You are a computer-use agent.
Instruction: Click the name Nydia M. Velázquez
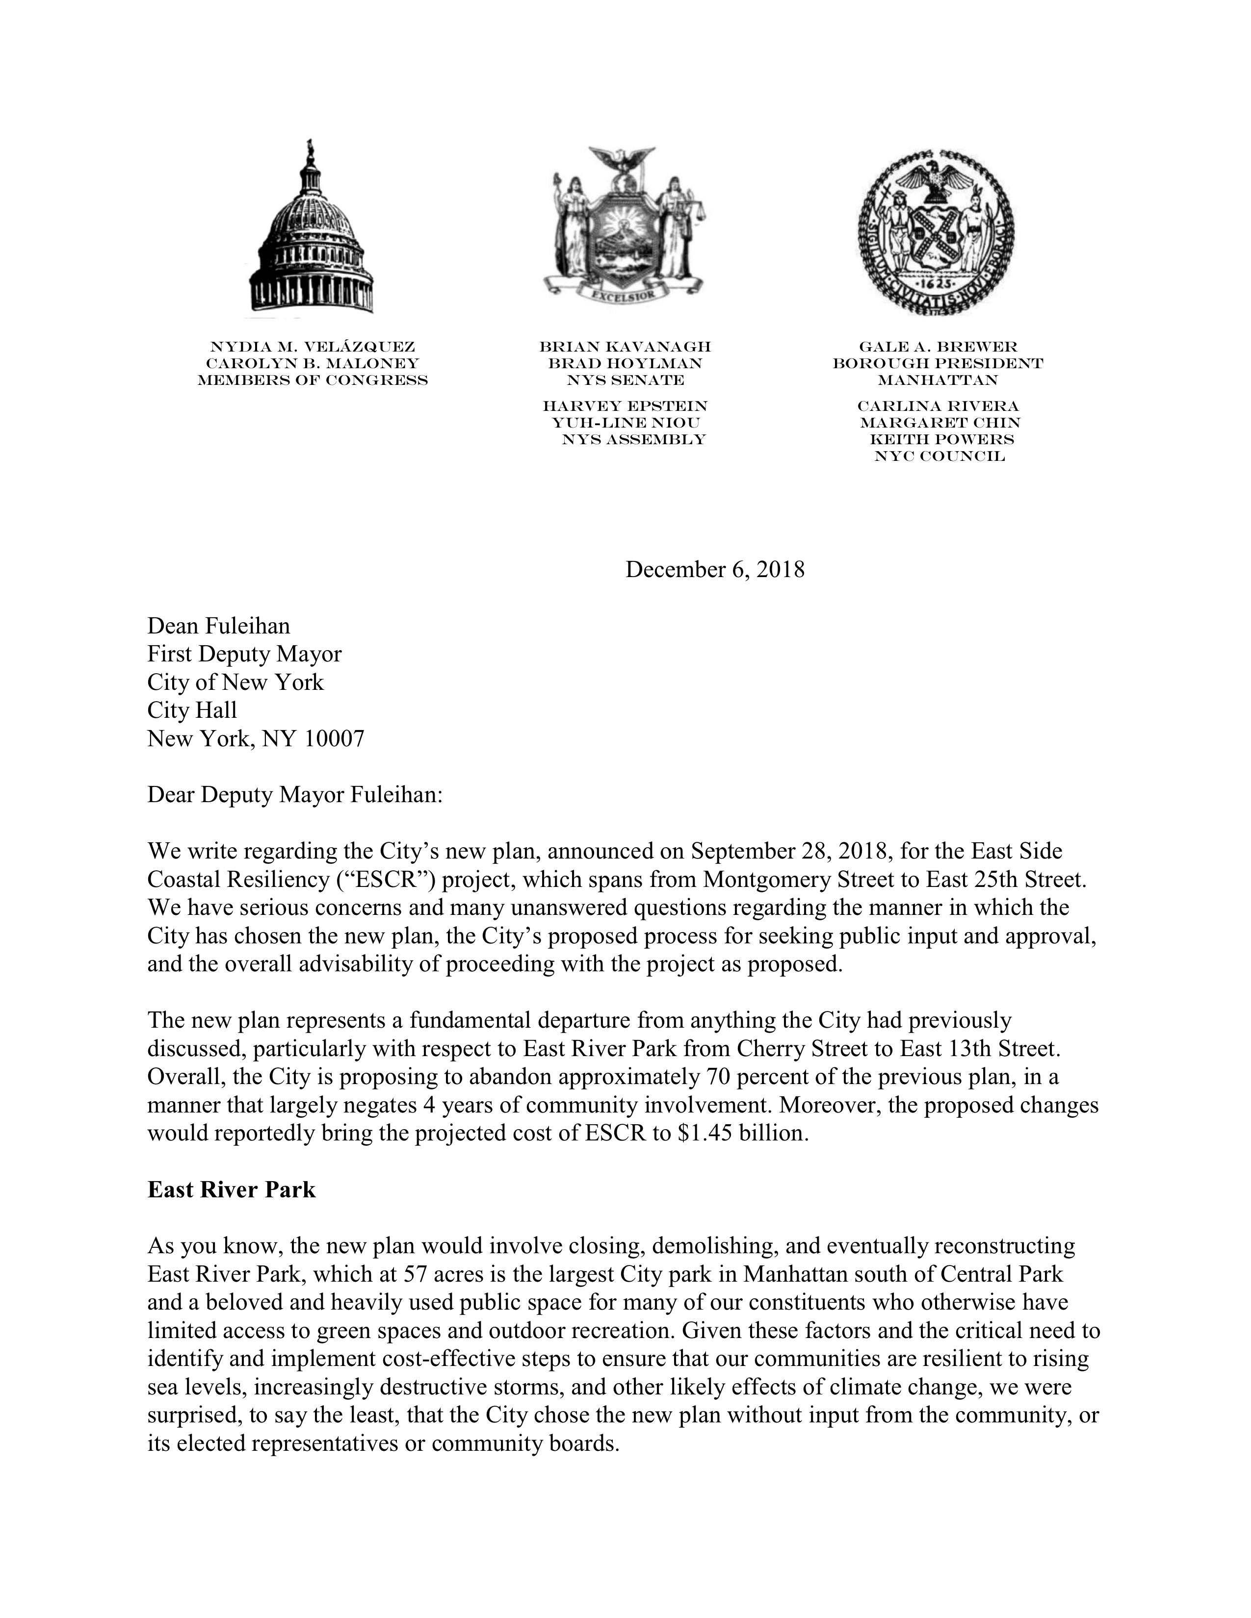312,347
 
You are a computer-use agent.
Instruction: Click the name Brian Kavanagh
625,347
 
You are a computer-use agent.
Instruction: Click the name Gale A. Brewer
938,347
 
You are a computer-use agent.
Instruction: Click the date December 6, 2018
714,570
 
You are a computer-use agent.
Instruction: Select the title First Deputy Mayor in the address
245,654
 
